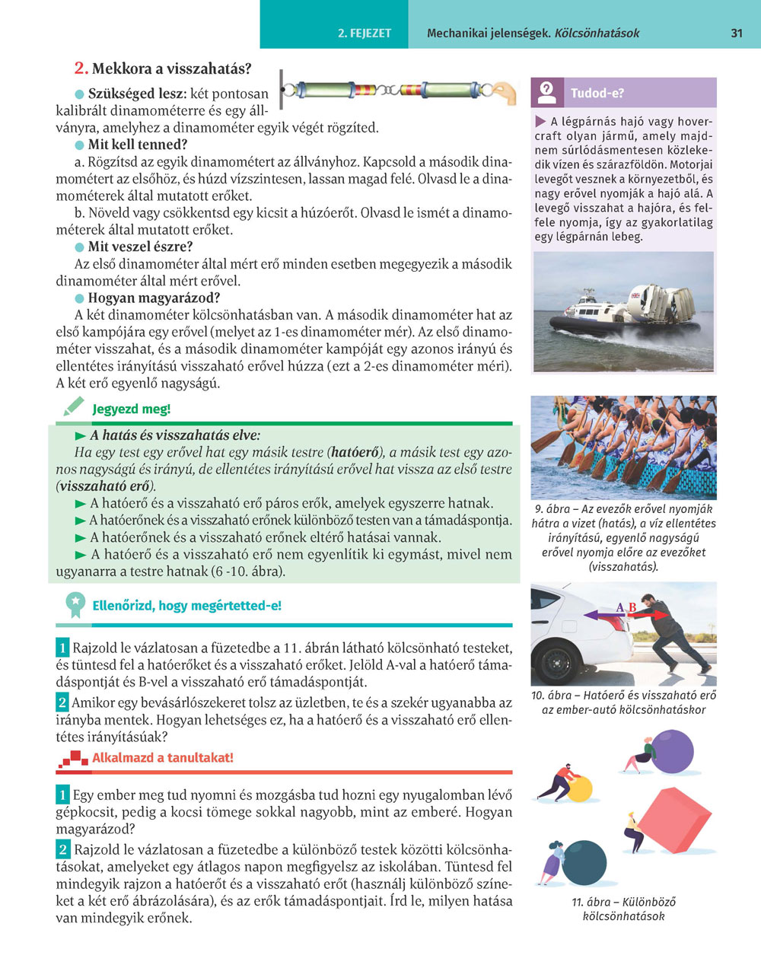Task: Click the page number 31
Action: (x=736, y=33)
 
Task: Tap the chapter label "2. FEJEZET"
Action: (x=365, y=33)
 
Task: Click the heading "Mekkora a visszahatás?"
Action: (x=171, y=68)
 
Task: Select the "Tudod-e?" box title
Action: (x=597, y=94)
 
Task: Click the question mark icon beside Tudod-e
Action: (x=546, y=93)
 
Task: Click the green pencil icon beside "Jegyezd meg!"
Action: (x=73, y=408)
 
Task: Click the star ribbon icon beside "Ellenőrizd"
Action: (x=75, y=605)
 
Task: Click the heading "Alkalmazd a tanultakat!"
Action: (x=162, y=758)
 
